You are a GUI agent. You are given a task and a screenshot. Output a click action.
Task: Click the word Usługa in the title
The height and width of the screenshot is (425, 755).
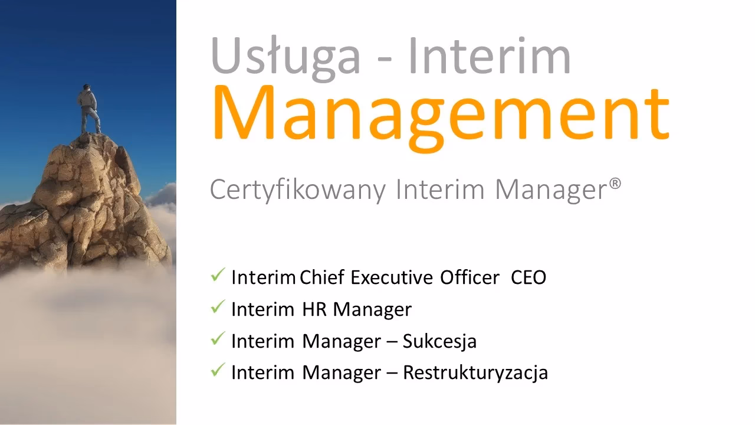coord(285,57)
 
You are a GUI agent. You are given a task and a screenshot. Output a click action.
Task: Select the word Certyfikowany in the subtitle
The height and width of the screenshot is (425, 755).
coord(298,191)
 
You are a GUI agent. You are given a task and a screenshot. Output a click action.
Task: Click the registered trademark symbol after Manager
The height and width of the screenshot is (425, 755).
coord(615,185)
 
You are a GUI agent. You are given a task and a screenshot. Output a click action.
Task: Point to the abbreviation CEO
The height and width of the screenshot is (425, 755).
coord(528,277)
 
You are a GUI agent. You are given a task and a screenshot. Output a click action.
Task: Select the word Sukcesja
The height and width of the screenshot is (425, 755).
coord(439,341)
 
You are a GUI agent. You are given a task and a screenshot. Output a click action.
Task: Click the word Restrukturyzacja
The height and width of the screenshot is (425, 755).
coord(475,373)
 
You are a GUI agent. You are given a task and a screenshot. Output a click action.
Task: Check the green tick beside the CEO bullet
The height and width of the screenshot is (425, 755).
coord(218,275)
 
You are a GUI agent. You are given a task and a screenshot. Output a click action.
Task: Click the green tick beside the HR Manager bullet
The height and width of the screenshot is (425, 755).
coord(218,307)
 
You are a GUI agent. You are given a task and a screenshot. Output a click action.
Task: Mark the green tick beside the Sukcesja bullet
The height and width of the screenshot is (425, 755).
coord(218,339)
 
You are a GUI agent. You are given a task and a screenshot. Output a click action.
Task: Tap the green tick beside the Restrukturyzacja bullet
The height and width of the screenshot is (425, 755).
coord(218,371)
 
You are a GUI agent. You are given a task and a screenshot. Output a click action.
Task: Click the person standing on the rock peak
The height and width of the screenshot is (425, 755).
coord(89,109)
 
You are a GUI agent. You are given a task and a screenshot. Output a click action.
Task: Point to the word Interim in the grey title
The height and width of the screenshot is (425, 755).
coord(489,57)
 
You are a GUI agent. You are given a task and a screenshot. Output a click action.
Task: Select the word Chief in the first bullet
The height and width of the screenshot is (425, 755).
coord(321,277)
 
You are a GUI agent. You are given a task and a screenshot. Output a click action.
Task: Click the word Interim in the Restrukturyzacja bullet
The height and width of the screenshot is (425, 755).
coord(263,373)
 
